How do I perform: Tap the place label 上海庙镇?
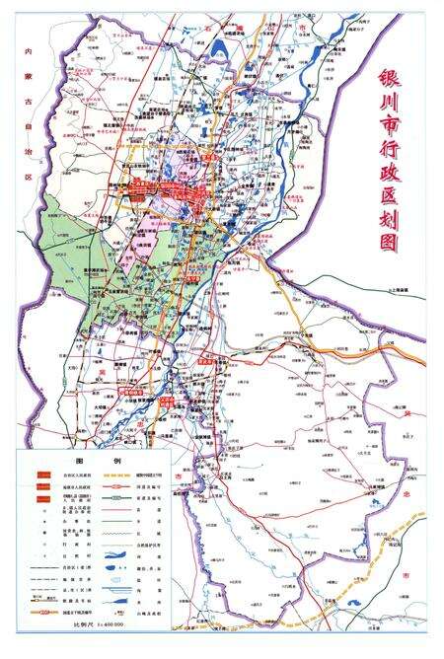(x=405, y=290)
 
